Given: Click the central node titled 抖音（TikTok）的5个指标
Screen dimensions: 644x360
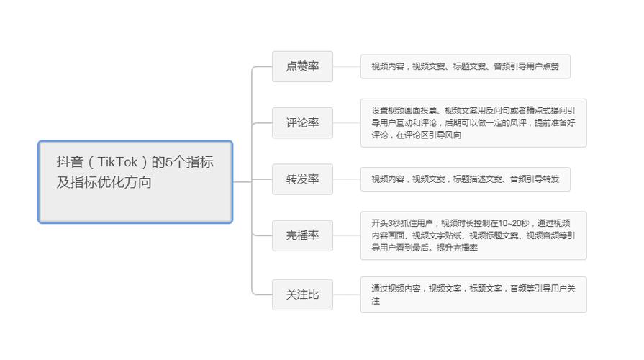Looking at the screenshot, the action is (x=135, y=181).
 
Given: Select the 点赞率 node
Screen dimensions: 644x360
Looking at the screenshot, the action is (x=302, y=66).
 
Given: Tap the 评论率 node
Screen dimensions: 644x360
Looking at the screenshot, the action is (x=302, y=123).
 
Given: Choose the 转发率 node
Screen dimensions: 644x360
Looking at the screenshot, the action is (x=302, y=179).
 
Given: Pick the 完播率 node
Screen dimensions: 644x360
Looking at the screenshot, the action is (x=302, y=235).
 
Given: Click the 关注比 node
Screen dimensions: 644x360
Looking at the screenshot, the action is (x=302, y=294).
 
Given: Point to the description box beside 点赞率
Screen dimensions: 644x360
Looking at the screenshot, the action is (x=466, y=66).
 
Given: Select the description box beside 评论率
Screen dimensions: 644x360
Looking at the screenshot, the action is (x=473, y=123).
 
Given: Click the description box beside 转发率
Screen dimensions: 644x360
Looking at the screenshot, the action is (x=466, y=179).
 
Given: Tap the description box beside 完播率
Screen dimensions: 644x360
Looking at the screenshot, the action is (x=473, y=235).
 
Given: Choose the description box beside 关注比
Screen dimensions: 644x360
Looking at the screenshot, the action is (x=473, y=294).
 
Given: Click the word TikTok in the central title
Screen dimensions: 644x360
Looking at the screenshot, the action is (x=117, y=162).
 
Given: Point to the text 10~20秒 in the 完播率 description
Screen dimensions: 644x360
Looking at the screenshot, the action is (x=513, y=223).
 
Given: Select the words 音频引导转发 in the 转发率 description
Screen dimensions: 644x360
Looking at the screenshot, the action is (x=535, y=179).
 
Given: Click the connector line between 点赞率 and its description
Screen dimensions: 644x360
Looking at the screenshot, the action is (x=347, y=66).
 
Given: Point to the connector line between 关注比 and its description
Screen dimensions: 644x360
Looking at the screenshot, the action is (x=347, y=294).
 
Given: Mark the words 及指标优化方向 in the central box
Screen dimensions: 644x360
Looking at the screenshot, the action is (x=104, y=182).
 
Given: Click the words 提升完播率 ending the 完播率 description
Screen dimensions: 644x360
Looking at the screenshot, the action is (x=457, y=248).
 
